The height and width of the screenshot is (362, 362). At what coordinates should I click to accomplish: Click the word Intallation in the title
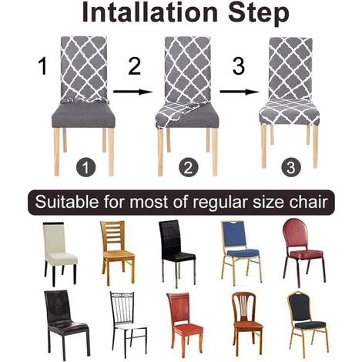click(x=146, y=15)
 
